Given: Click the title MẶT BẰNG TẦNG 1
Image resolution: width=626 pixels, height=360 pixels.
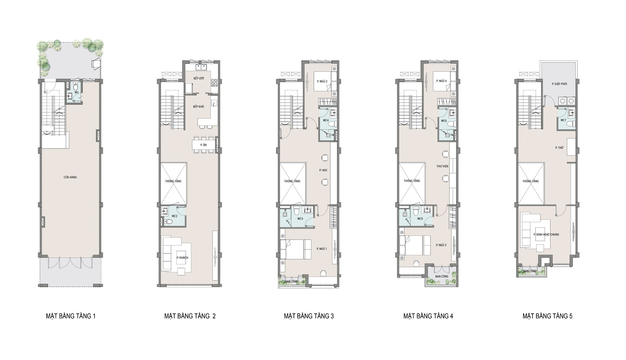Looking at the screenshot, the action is [x=71, y=316].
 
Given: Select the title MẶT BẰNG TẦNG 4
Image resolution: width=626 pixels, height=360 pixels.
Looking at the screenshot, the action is [x=428, y=316].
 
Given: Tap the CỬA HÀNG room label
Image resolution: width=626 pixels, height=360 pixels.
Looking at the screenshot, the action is [x=70, y=177].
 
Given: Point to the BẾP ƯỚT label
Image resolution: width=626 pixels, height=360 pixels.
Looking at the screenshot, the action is [x=199, y=79].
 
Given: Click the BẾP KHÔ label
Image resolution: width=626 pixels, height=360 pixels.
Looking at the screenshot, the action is [x=199, y=106].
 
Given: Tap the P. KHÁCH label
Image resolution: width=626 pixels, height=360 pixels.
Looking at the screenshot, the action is [x=182, y=258].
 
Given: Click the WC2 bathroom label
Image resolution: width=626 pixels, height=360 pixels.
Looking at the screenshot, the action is [x=175, y=216].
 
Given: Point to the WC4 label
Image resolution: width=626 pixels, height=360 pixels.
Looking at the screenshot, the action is [x=326, y=120].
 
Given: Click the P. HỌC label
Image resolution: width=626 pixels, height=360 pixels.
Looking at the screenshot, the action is [x=323, y=170].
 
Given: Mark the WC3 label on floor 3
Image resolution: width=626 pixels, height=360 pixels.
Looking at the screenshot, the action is [x=300, y=219].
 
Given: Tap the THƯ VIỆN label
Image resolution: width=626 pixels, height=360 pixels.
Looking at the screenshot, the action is [x=442, y=166].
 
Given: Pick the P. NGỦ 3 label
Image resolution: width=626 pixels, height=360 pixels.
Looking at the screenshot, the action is [x=441, y=245].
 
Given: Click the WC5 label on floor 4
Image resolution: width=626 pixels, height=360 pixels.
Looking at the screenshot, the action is [x=420, y=219].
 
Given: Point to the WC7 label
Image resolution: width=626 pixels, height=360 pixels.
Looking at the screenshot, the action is [x=563, y=120].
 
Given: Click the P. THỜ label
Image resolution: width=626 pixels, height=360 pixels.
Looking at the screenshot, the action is [x=559, y=148].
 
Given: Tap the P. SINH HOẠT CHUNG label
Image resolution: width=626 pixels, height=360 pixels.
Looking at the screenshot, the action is [x=546, y=234].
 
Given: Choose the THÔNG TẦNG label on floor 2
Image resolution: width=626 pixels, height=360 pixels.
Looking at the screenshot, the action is [x=174, y=181].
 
